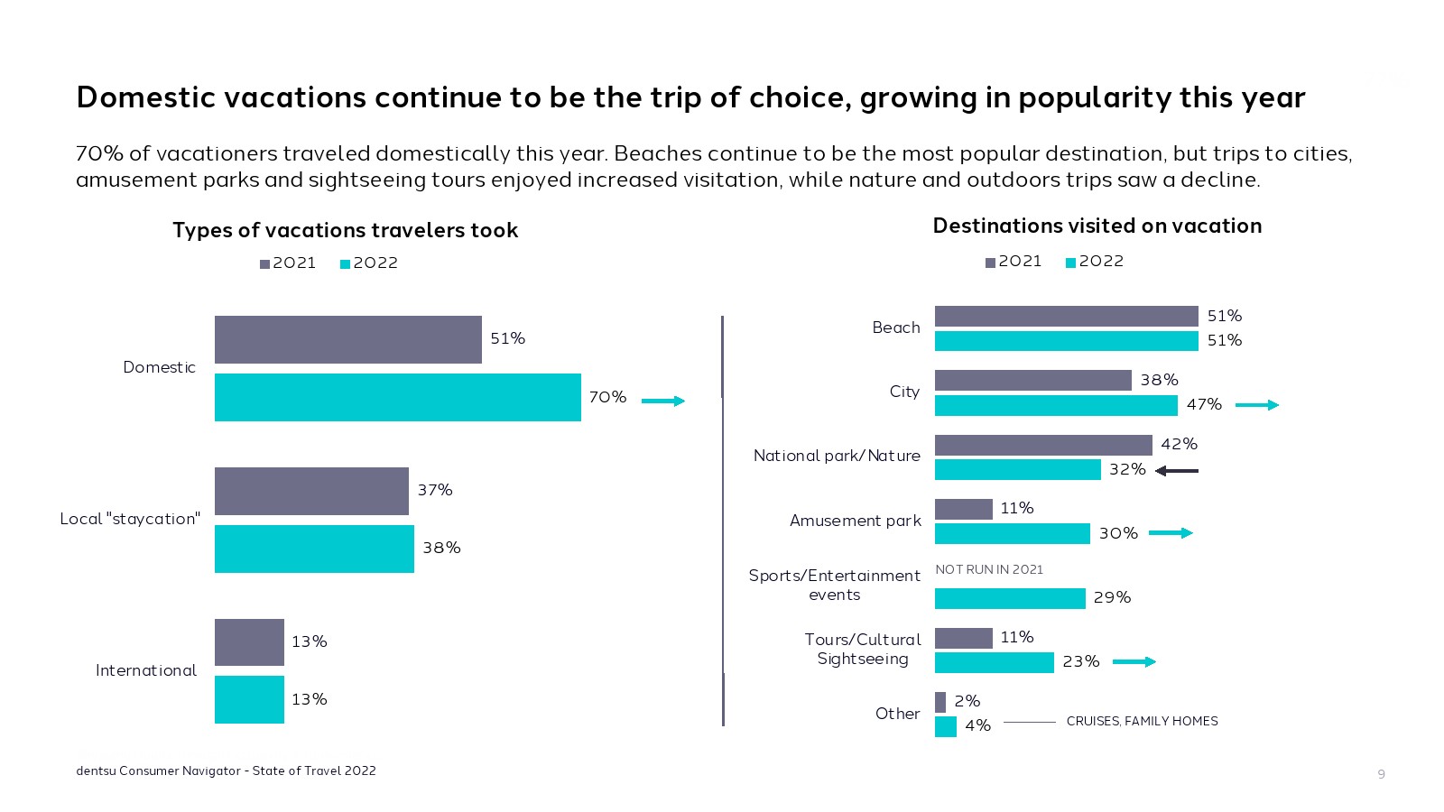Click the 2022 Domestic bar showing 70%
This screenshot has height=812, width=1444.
(x=397, y=397)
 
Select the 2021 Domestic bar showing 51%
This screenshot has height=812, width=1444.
(x=347, y=339)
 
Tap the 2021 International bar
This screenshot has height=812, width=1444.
(x=249, y=642)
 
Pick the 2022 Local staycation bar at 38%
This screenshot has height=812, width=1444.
(x=314, y=549)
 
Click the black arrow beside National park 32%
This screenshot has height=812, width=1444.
(x=1177, y=470)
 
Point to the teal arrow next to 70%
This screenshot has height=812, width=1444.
(x=663, y=401)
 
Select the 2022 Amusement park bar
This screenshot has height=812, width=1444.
(x=1012, y=533)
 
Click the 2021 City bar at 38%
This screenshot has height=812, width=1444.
(x=1032, y=380)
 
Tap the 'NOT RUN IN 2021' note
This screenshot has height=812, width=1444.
(x=989, y=569)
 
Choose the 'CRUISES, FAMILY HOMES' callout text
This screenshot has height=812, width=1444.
(x=1142, y=721)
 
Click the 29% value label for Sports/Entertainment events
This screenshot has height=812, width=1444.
(x=1112, y=597)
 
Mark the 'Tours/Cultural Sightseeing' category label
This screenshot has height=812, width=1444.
(x=863, y=649)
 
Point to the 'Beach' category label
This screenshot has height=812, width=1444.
(x=896, y=328)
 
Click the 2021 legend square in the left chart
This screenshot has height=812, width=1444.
(x=265, y=264)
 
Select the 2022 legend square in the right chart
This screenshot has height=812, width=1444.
(x=1071, y=263)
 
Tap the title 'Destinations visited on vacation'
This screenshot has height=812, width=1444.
(x=1097, y=226)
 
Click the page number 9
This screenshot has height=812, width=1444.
(x=1381, y=774)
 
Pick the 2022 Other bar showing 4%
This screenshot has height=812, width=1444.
(x=945, y=726)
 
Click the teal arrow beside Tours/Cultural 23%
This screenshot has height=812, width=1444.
(x=1134, y=662)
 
